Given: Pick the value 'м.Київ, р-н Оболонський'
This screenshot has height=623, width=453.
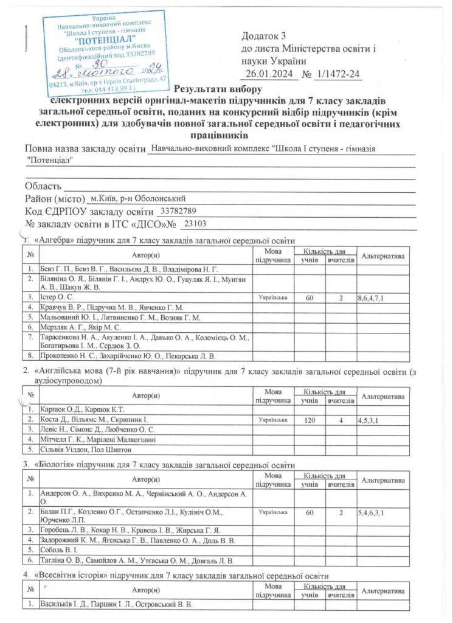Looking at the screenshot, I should pyautogui.click(x=137, y=198).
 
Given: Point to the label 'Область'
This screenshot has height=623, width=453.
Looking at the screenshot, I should pyautogui.click(x=43, y=186).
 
